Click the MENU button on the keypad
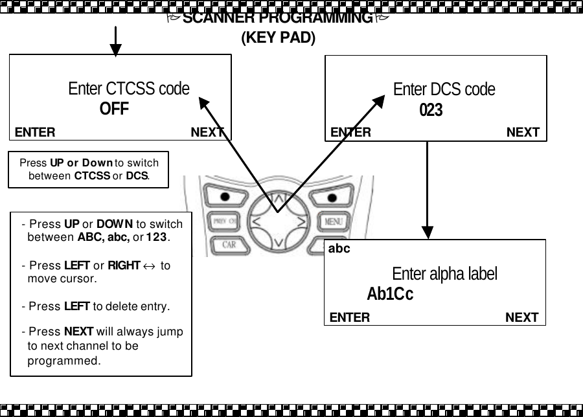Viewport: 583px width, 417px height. [333, 221]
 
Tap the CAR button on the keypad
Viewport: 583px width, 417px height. [229, 245]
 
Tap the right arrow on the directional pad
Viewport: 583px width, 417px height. [301, 222]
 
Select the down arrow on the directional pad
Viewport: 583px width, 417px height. [278, 243]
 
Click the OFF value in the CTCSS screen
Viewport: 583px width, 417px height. [114, 109]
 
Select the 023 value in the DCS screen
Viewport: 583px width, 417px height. [431, 111]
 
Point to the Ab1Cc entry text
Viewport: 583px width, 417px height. [390, 295]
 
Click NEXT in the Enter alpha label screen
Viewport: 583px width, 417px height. [521, 317]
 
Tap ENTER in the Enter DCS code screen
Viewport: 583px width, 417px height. [350, 132]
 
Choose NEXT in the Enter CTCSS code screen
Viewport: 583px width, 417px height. [207, 132]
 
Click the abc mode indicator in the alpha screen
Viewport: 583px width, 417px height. [339, 249]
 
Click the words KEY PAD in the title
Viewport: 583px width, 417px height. [278, 38]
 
